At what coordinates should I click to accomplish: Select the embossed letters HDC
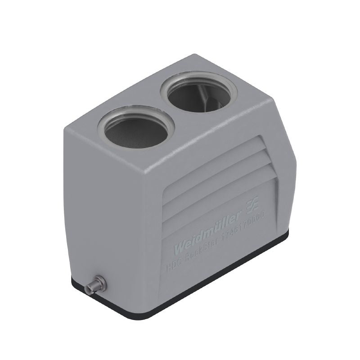pos(173,266)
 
